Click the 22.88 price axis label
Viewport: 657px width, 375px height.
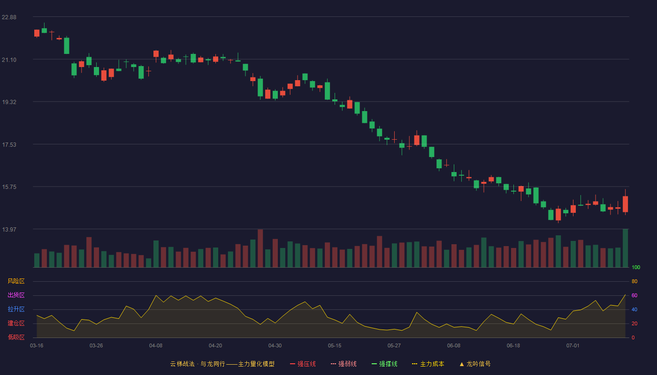coord(9,17)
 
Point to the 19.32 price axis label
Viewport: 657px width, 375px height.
coord(9,102)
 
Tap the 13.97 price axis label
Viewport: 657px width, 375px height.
coord(9,230)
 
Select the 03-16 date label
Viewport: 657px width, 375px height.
coord(37,346)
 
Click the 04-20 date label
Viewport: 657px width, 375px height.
coord(215,346)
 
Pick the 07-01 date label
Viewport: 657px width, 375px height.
coord(573,346)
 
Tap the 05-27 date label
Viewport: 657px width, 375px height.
coord(394,346)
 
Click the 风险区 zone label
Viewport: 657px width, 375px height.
coord(16,281)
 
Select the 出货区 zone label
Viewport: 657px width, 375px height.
coord(16,295)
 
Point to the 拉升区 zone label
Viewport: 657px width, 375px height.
coord(16,309)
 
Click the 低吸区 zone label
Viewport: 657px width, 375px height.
coord(16,337)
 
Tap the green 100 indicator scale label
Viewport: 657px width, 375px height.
coord(636,267)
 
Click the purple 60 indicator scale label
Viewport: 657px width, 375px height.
coord(634,295)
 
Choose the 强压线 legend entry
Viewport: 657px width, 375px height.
coord(303,364)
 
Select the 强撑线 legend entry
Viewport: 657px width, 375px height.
coord(384,364)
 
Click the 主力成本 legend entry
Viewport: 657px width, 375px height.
coord(428,364)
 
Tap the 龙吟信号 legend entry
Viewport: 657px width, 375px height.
coord(475,364)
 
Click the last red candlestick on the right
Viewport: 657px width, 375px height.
coord(625,204)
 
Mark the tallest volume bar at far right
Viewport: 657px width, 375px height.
coord(625,248)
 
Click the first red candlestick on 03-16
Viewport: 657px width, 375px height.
coord(37,33)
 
